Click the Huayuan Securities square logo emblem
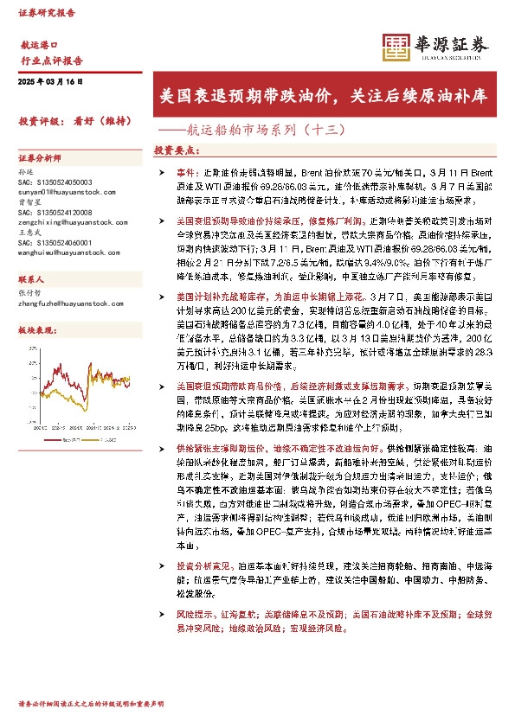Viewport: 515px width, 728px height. (397, 48)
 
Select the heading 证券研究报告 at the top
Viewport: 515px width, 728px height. (46, 14)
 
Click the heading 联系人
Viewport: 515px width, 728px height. (31, 281)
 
